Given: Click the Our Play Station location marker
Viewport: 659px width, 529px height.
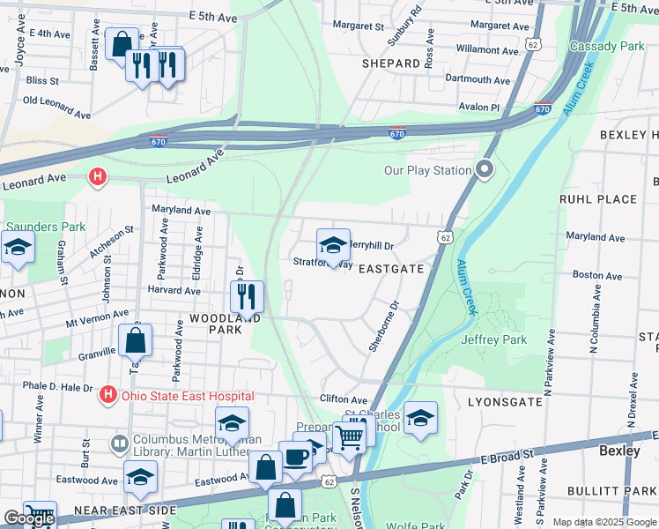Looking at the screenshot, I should coord(484,169).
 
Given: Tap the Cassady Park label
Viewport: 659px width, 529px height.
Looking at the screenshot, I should coord(607,45).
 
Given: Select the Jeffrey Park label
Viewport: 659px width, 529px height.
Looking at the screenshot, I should coord(492,339).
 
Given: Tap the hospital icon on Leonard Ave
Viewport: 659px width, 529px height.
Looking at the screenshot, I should coord(98,178).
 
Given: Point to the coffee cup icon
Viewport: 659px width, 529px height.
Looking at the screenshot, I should coord(297,457).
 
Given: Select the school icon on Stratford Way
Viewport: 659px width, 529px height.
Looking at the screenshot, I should coord(333,245).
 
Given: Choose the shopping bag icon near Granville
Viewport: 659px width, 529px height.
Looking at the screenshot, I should coord(135,339).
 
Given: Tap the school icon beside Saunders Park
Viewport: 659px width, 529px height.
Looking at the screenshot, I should coord(17,250).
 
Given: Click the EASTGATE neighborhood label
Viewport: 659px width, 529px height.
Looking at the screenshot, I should coord(391,268).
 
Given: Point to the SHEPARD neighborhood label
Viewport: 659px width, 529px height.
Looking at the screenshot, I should coord(391,63).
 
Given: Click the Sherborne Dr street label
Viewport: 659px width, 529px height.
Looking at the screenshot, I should coord(384,326).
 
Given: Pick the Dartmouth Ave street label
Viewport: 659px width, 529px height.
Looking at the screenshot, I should coord(478,79).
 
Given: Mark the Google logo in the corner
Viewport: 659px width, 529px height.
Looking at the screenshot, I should coord(29,518).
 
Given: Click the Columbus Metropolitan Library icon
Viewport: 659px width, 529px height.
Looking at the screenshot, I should coord(119,442).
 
